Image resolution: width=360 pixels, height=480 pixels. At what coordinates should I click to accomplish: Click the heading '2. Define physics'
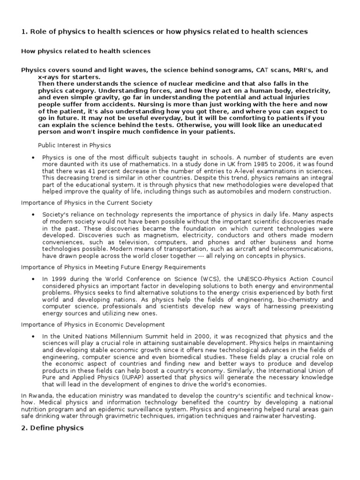[x=52, y=428]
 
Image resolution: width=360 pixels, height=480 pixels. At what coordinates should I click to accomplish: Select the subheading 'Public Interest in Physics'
[x=75, y=145]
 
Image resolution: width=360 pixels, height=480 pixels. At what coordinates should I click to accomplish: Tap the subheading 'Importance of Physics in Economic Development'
[x=93, y=324]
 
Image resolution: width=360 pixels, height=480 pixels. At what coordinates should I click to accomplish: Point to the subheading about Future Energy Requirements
[x=113, y=267]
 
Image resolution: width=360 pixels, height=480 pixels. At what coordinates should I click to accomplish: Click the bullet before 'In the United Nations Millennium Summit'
[x=33, y=337]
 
